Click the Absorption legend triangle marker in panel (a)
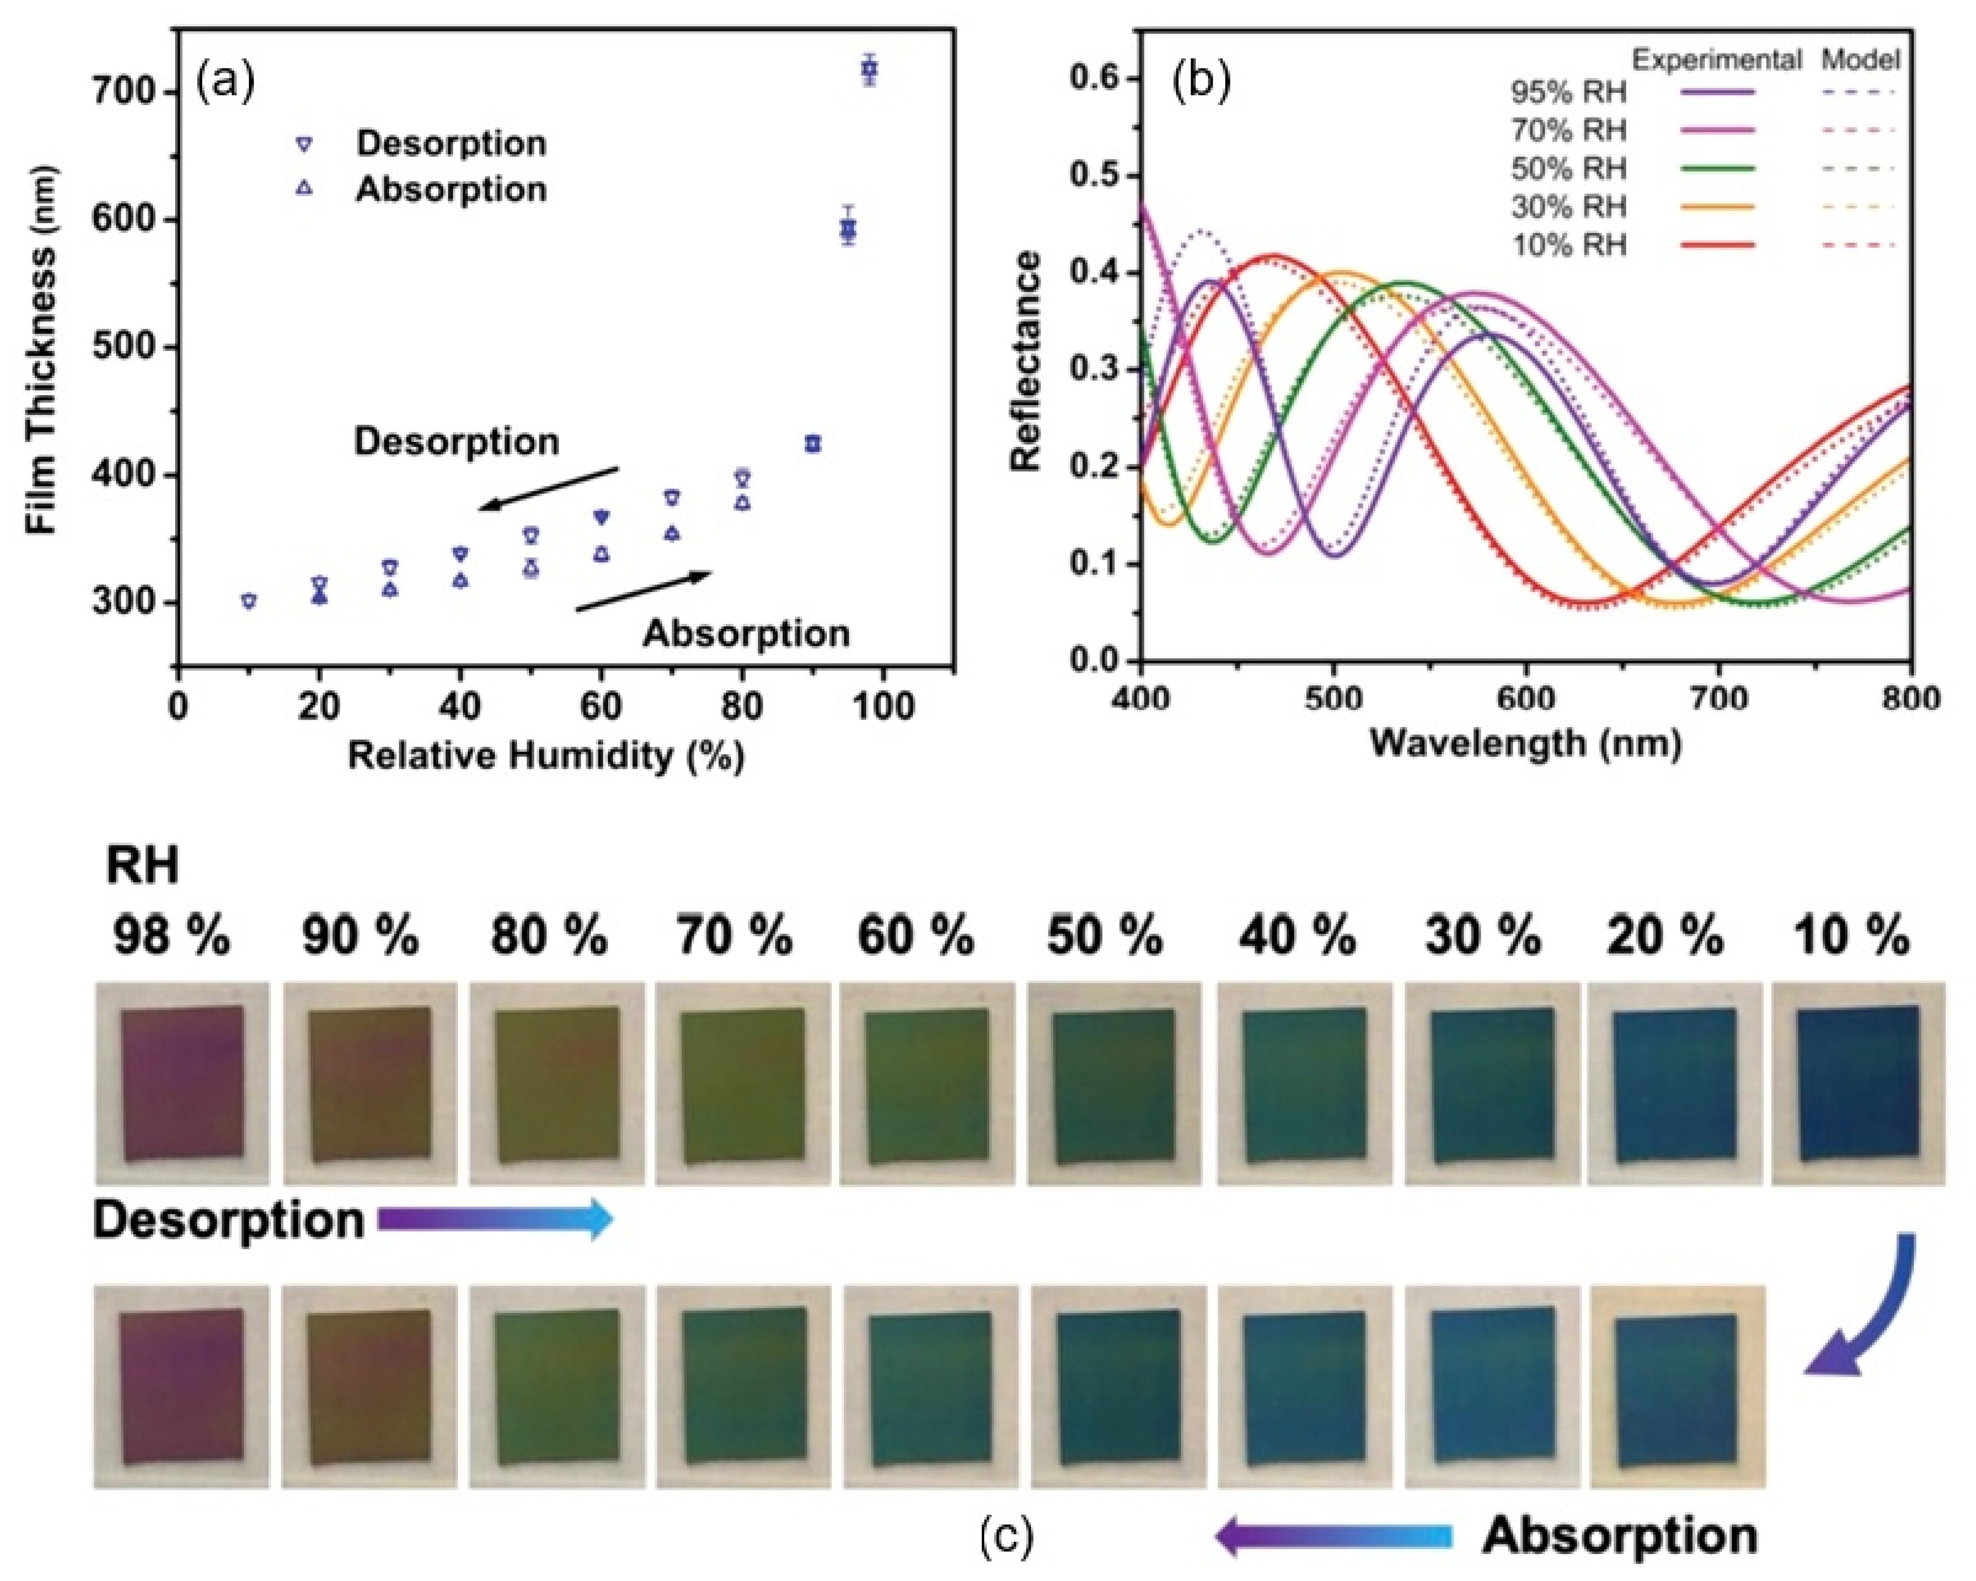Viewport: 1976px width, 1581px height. point(305,189)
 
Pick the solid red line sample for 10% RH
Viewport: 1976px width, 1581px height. point(1717,245)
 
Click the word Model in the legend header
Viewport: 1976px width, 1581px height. point(1861,60)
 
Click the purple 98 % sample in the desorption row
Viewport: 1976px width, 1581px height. point(182,1083)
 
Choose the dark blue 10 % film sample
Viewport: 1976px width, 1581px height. point(1858,1083)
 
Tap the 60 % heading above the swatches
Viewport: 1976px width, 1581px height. point(916,937)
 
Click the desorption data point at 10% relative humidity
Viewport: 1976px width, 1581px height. point(248,600)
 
